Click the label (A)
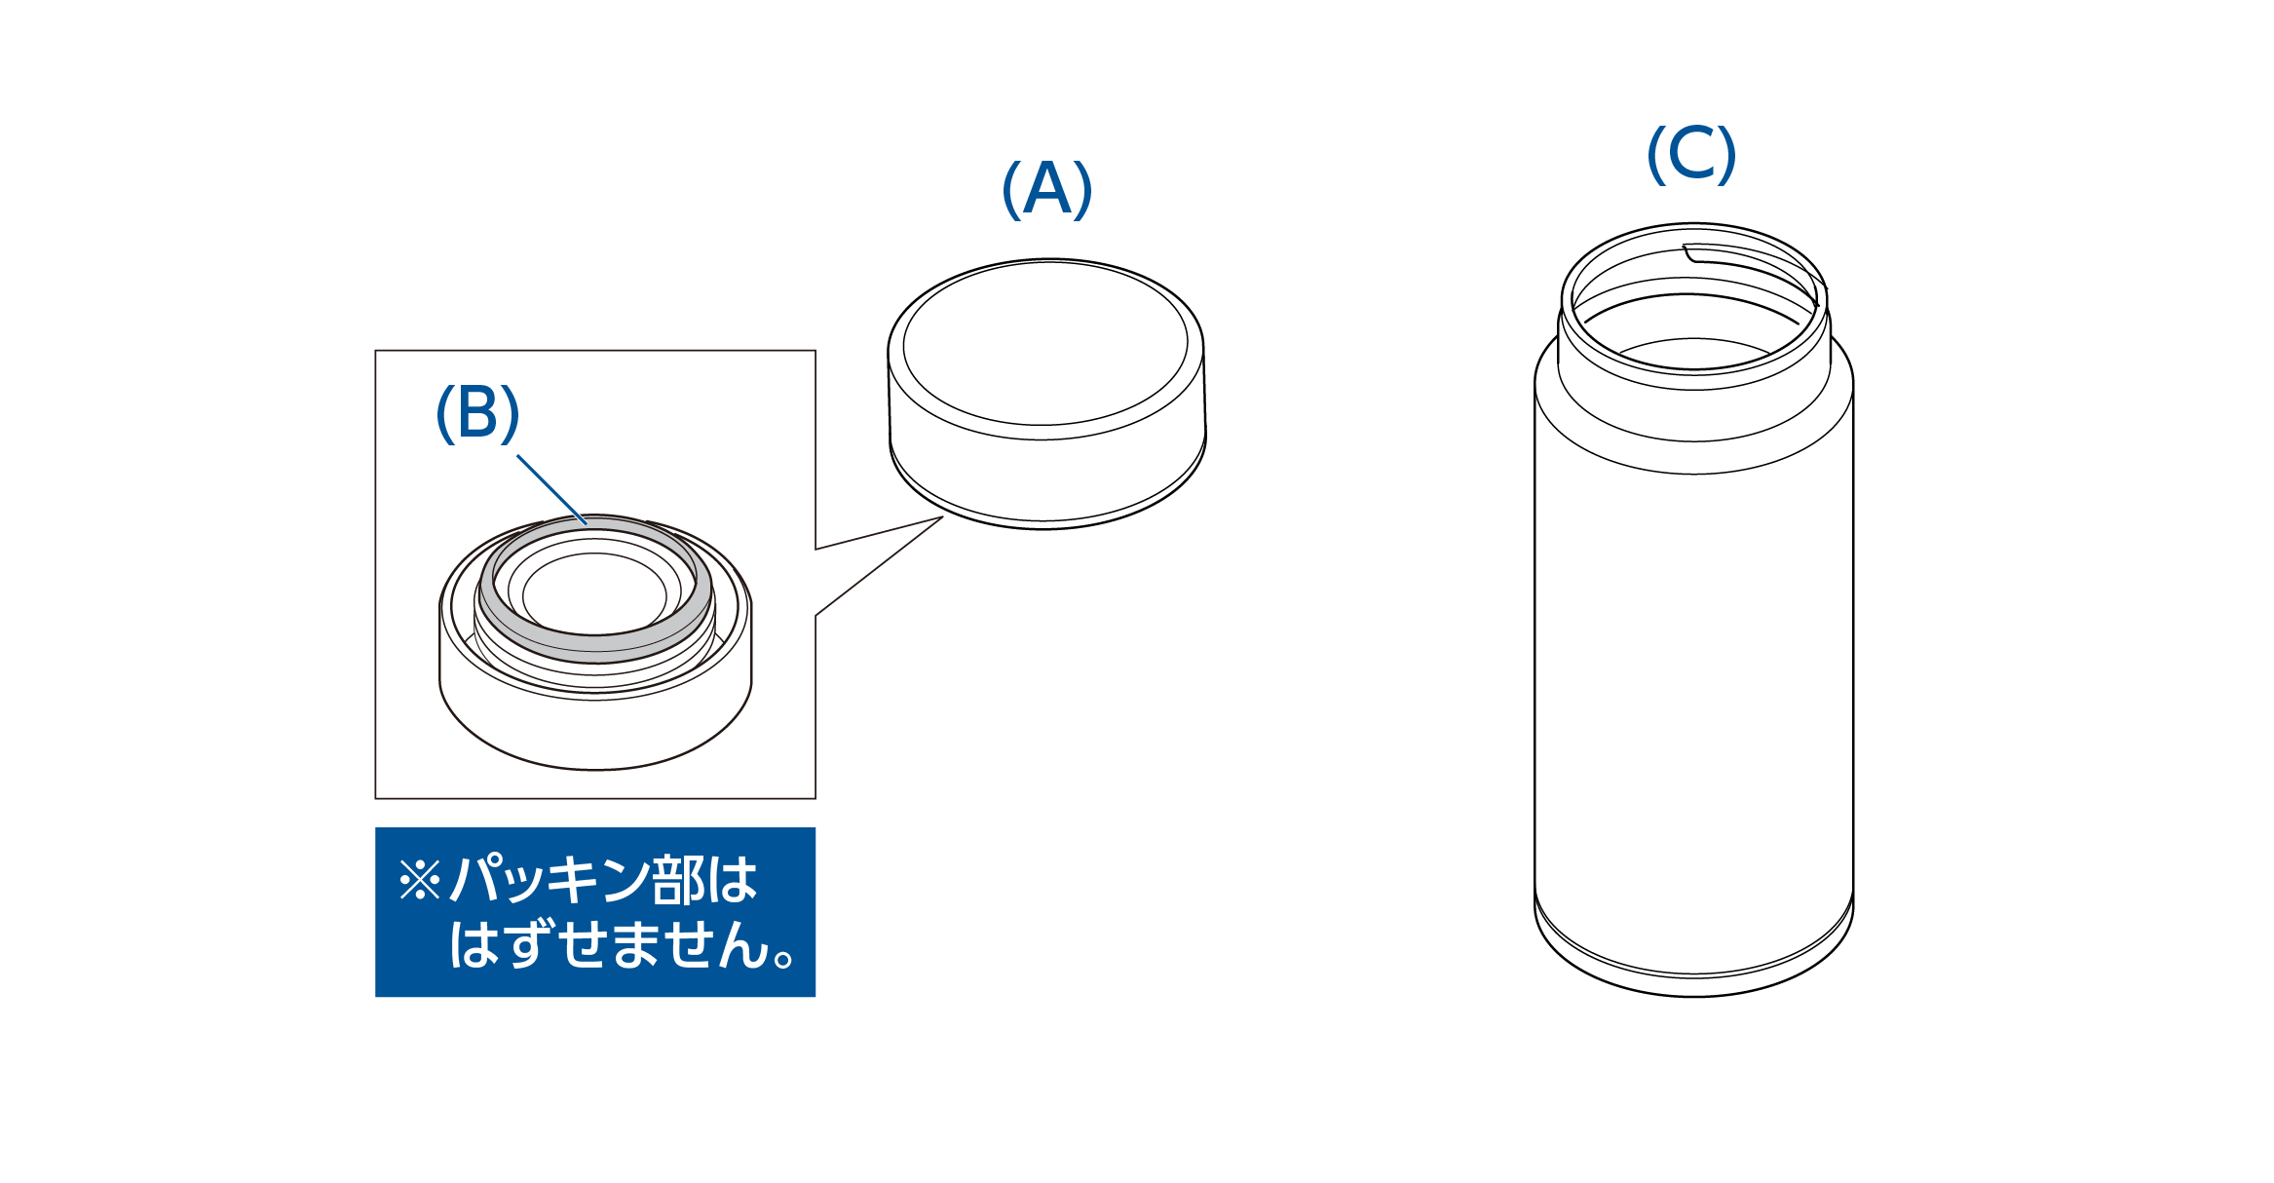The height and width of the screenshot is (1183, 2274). pyautogui.click(x=1047, y=189)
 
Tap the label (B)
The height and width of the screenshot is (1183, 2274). pyautogui.click(x=477, y=413)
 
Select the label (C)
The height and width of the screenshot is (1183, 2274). pyautogui.click(x=1691, y=154)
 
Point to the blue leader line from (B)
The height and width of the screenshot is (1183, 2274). pyautogui.click(x=551, y=490)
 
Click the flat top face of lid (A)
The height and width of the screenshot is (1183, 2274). pyautogui.click(x=1045, y=343)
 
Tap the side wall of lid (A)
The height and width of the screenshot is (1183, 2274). pyautogui.click(x=1047, y=477)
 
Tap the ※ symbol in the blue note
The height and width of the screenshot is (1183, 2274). pyautogui.click(x=420, y=879)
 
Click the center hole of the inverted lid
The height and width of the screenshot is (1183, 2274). pyautogui.click(x=594, y=594)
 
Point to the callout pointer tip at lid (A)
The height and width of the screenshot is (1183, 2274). pyautogui.click(x=943, y=517)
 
